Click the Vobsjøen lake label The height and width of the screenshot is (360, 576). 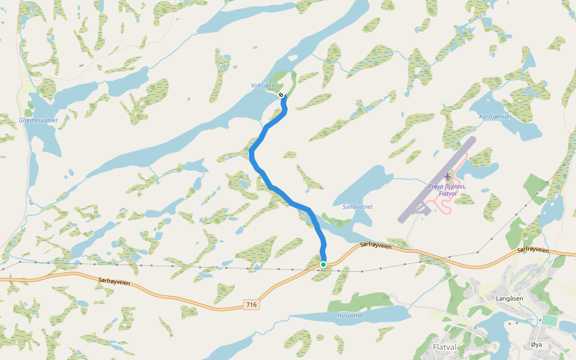point(263,86)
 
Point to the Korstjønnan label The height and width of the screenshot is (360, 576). point(495,116)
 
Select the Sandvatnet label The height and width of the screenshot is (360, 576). point(358,206)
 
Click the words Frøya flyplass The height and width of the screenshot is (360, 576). point(448,187)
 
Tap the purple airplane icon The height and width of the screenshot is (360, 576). point(448,176)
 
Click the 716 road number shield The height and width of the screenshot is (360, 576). point(252,305)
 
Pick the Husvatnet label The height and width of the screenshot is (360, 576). point(351,315)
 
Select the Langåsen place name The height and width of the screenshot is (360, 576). point(510,298)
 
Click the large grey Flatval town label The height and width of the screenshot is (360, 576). point(445,347)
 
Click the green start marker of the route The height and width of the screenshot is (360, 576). point(323,265)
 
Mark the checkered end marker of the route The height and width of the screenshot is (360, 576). point(281,95)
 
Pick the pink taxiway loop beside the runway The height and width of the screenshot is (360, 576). point(447,207)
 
